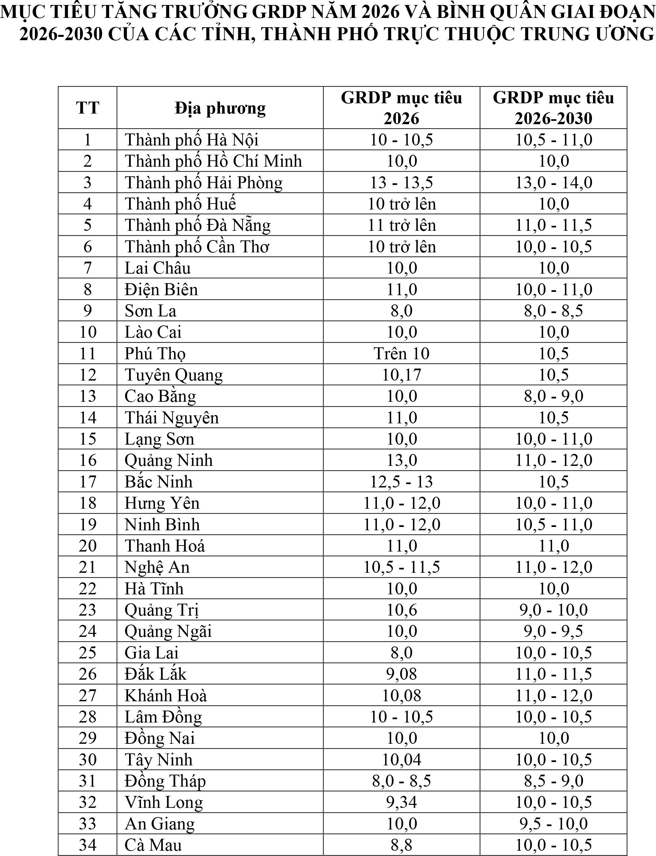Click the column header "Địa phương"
click(x=220, y=108)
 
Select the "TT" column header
click(x=88, y=108)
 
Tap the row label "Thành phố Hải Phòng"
click(x=203, y=182)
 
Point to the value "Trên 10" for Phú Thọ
click(x=401, y=354)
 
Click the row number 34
click(x=88, y=845)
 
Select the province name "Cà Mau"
click(x=153, y=845)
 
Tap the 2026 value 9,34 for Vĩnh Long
click(x=401, y=802)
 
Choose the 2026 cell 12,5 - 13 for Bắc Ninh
click(x=401, y=482)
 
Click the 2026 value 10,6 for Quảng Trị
click(x=401, y=610)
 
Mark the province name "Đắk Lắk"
click(x=155, y=674)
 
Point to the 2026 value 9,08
click(x=401, y=674)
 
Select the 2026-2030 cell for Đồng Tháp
click(x=553, y=781)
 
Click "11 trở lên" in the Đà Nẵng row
click(x=401, y=225)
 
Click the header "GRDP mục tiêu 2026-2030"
click(x=553, y=108)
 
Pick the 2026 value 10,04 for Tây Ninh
click(x=401, y=759)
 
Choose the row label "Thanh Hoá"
click(x=164, y=546)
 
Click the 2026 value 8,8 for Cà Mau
click(x=401, y=845)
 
